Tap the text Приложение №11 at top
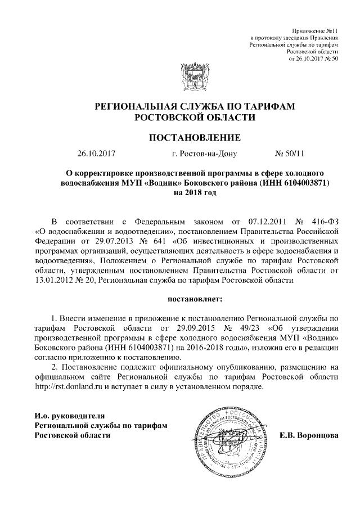pos(316,29)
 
